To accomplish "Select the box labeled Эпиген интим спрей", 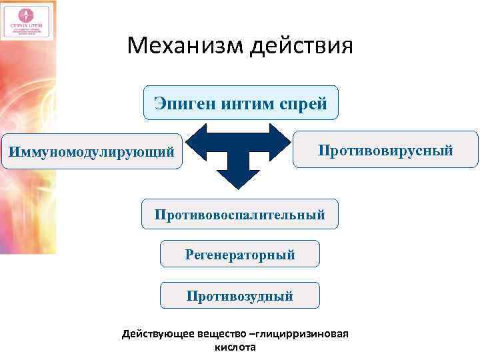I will pos(240,103).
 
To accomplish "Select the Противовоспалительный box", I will pos(240,215).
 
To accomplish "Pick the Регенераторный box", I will pos(240,254).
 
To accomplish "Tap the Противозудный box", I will pos(240,295).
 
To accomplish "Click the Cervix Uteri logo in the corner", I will pos(27,21).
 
